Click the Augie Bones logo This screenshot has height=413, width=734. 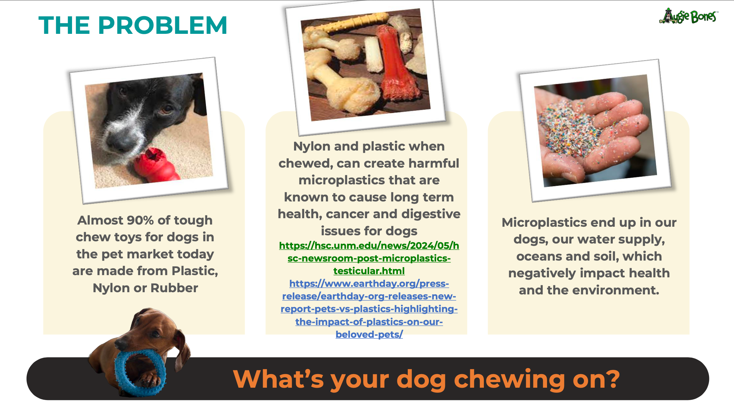tap(689, 16)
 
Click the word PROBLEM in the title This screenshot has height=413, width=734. tap(163, 25)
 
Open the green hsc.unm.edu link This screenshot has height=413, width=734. tap(369, 258)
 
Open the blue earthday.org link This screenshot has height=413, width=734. tap(369, 309)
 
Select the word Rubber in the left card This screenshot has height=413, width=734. tap(174, 288)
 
